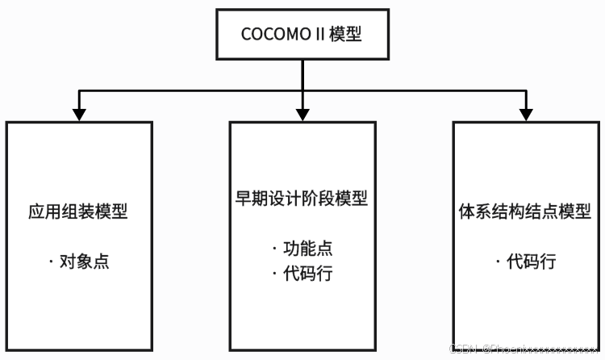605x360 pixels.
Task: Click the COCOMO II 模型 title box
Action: coord(302,34)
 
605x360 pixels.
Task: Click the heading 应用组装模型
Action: coord(78,212)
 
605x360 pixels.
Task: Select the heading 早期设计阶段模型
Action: coord(302,199)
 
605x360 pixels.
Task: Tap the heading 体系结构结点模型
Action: coord(526,212)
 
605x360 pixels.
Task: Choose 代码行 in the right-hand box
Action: coord(532,262)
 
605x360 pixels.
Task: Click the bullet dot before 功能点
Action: coord(274,249)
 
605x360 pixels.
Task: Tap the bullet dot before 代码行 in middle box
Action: coord(274,274)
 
